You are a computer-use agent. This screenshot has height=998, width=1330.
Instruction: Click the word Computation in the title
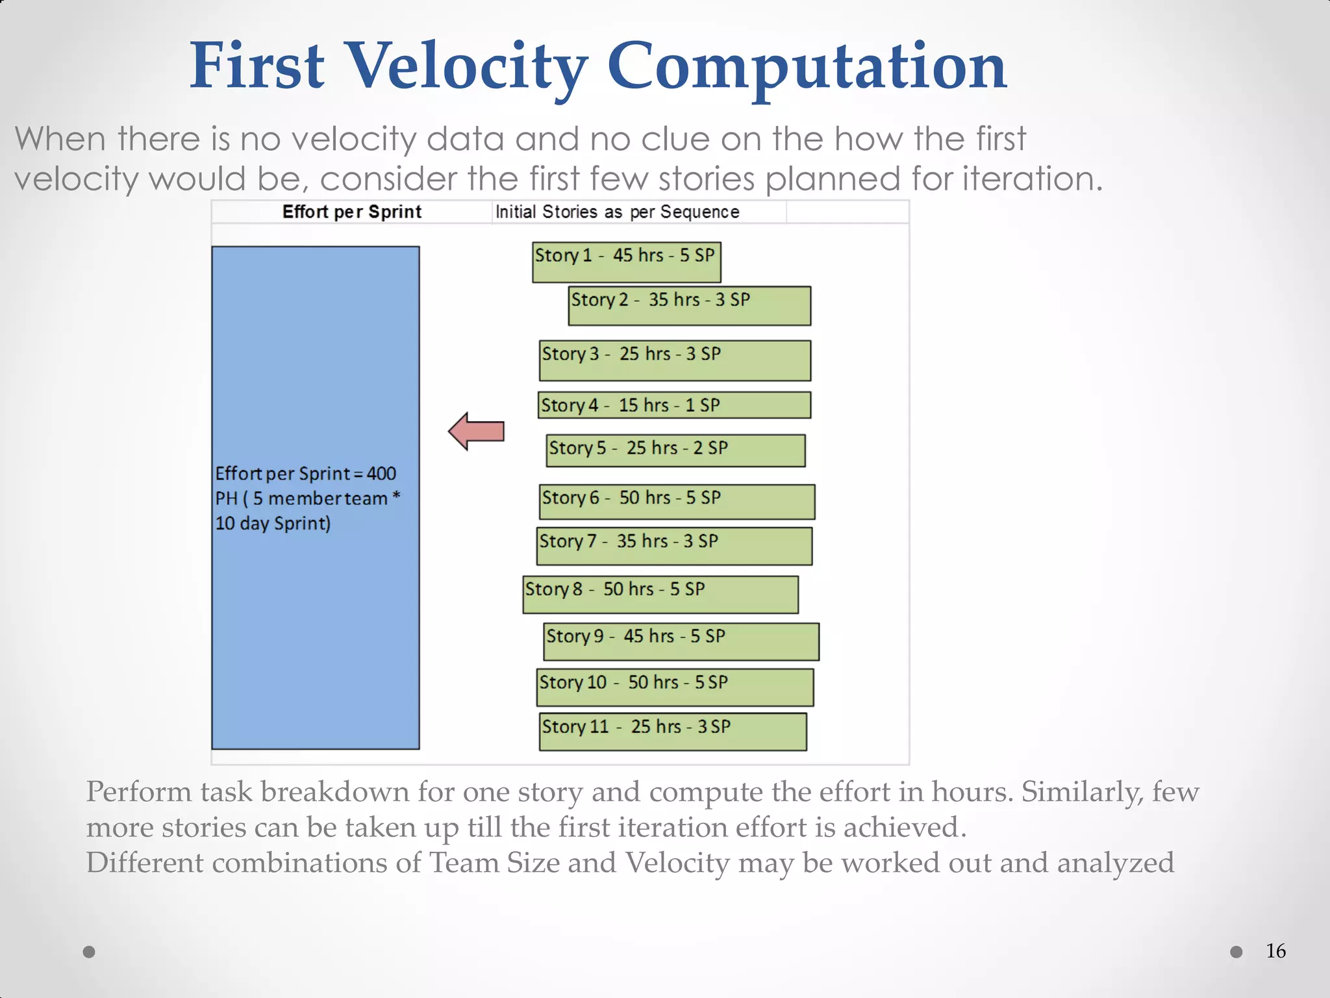pyautogui.click(x=807, y=66)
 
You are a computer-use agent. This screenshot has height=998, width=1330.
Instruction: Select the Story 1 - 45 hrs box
pyautogui.click(x=626, y=262)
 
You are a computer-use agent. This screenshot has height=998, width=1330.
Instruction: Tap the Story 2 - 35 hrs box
pyautogui.click(x=689, y=306)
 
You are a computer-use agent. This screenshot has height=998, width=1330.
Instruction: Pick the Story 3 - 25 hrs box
pyautogui.click(x=675, y=361)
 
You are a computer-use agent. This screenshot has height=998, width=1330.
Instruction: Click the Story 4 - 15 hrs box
pyautogui.click(x=674, y=405)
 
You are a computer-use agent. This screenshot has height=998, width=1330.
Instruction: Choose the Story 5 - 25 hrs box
pyautogui.click(x=675, y=451)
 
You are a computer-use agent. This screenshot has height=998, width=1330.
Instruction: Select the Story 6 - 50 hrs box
pyautogui.click(x=677, y=502)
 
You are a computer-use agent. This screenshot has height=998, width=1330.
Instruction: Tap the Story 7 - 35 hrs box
pyautogui.click(x=674, y=546)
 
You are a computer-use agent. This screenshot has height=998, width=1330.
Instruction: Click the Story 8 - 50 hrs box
pyautogui.click(x=660, y=595)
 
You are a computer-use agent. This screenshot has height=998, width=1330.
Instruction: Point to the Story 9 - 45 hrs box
pyautogui.click(x=681, y=641)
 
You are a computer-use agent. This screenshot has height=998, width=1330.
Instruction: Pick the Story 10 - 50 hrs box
pyautogui.click(x=675, y=687)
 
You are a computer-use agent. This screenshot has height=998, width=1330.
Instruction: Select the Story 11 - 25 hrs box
pyautogui.click(x=673, y=732)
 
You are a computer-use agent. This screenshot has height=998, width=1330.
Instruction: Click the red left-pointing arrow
pyautogui.click(x=477, y=431)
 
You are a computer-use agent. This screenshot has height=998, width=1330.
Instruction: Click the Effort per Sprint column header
pyautogui.click(x=351, y=212)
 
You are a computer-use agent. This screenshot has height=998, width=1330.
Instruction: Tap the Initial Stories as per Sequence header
pyautogui.click(x=617, y=212)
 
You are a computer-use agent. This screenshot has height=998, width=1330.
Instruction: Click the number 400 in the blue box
pyautogui.click(x=381, y=474)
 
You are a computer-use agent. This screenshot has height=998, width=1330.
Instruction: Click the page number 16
pyautogui.click(x=1275, y=951)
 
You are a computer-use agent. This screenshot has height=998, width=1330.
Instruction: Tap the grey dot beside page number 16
pyautogui.click(x=1236, y=952)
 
